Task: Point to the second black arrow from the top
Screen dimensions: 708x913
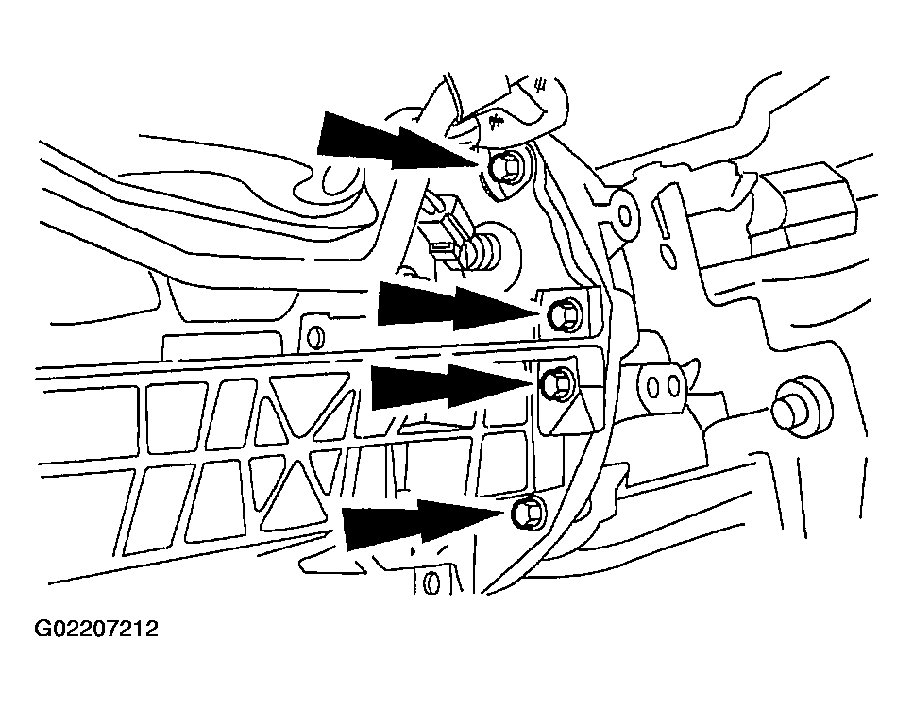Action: coord(453,308)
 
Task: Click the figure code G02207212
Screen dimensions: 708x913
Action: coord(96,629)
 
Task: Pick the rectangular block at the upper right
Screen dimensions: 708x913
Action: coord(810,203)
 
